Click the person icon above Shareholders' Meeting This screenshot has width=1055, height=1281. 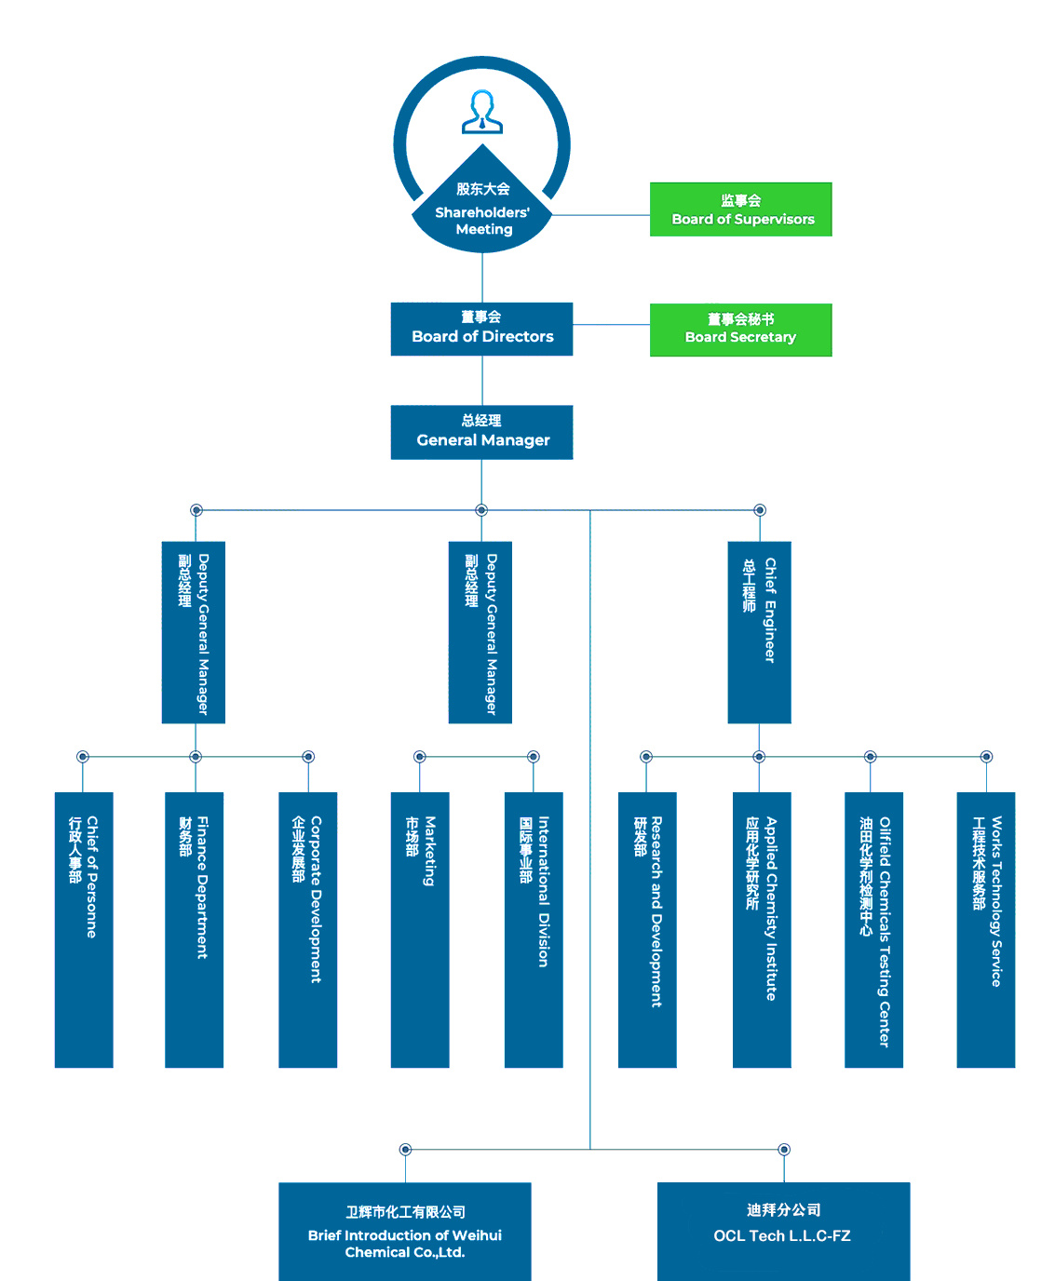click(482, 112)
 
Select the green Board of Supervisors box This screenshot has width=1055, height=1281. click(740, 209)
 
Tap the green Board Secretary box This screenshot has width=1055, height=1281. click(740, 330)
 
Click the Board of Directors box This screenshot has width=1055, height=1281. click(481, 329)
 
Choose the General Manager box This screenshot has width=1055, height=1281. click(481, 432)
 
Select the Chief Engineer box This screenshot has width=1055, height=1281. click(759, 632)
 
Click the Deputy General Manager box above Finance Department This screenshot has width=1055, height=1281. click(194, 632)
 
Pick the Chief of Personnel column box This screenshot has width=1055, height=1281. click(84, 929)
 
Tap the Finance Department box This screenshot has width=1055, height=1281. click(194, 929)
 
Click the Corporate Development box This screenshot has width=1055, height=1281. click(307, 929)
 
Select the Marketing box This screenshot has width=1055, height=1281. click(420, 929)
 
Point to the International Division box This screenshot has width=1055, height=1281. click(534, 929)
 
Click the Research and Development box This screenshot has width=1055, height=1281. click(647, 929)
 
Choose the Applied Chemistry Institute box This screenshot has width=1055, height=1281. click(762, 929)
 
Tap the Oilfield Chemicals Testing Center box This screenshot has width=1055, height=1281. click(873, 929)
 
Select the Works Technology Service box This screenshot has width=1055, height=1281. click(986, 929)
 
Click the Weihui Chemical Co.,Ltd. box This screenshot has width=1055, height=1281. click(404, 1231)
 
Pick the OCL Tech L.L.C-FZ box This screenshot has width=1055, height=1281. click(783, 1231)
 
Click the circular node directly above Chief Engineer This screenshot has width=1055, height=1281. click(760, 510)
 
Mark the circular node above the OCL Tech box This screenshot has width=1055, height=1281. click(784, 1150)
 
